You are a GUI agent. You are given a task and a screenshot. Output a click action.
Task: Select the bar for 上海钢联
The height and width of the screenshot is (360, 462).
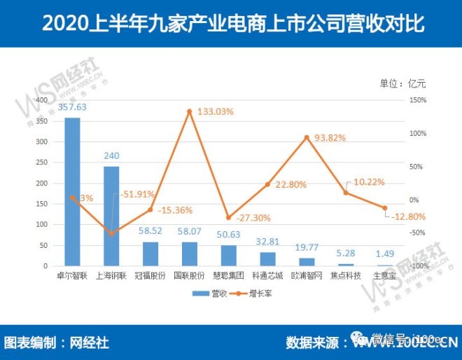click(111, 216)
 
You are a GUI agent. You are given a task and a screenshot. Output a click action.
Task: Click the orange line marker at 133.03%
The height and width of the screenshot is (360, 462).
click(190, 111)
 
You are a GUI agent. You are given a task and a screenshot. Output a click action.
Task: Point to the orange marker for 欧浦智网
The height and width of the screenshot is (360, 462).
click(307, 137)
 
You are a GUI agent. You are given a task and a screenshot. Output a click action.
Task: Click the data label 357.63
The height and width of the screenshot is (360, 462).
click(73, 107)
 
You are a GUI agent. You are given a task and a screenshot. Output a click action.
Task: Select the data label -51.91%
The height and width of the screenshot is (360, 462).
click(137, 194)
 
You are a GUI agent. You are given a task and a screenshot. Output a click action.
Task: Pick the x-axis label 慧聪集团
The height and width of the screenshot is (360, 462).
click(229, 276)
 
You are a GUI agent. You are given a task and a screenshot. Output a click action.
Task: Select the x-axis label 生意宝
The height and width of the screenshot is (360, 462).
click(384, 276)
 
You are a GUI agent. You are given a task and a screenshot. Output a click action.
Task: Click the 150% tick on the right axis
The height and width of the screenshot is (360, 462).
click(419, 101)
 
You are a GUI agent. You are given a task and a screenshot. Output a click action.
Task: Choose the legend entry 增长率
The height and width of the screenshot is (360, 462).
click(254, 293)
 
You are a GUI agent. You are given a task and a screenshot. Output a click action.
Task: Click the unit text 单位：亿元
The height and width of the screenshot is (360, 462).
click(402, 83)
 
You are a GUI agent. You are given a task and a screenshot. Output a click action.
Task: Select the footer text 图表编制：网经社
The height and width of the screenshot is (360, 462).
click(57, 343)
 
